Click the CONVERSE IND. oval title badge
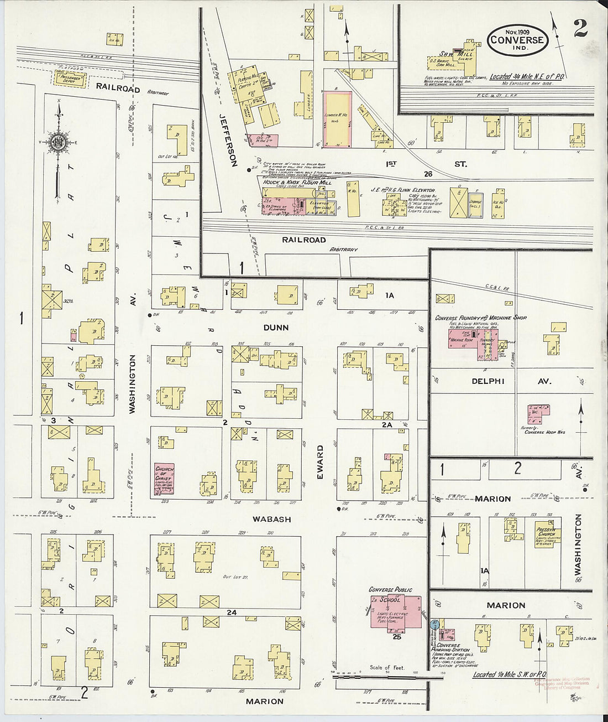(x=517, y=40)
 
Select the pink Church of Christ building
(x=164, y=478)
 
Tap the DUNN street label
(x=276, y=328)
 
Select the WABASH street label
(x=272, y=520)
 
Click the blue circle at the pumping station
(x=435, y=624)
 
